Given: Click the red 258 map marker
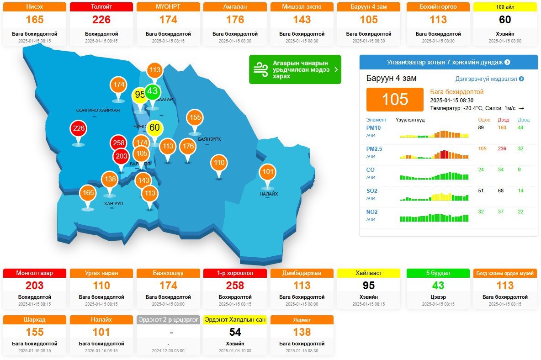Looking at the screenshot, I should pyautogui.click(x=119, y=143).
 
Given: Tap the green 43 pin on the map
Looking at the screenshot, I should pyautogui.click(x=152, y=91).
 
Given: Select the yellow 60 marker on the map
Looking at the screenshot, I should pyautogui.click(x=154, y=127).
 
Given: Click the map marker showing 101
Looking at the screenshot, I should pyautogui.click(x=267, y=172).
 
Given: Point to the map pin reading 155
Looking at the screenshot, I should pyautogui.click(x=195, y=117).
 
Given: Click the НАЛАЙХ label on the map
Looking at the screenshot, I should pyautogui.click(x=269, y=194).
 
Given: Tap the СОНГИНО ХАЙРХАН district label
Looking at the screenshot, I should pyautogui.click(x=98, y=111).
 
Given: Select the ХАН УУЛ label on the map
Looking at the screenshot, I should pyautogui.click(x=113, y=203).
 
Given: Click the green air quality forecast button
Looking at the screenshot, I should pyautogui.click(x=295, y=69).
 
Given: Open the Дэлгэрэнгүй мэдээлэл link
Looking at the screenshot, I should pyautogui.click(x=489, y=79).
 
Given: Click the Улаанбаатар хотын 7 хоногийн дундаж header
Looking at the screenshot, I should pyautogui.click(x=448, y=62).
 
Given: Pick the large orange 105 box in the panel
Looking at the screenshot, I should pyautogui.click(x=395, y=100).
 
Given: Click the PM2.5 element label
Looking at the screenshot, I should pyautogui.click(x=374, y=149).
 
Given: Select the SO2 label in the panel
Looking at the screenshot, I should pyautogui.click(x=371, y=191).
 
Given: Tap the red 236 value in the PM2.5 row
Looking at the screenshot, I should pyautogui.click(x=502, y=149).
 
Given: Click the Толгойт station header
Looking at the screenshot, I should pyautogui.click(x=101, y=7).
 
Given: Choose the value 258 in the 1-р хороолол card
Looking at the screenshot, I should pyautogui.click(x=235, y=286).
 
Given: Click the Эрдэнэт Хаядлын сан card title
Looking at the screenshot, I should pyautogui.click(x=235, y=320).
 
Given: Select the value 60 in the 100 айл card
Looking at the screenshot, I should pyautogui.click(x=505, y=20).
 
